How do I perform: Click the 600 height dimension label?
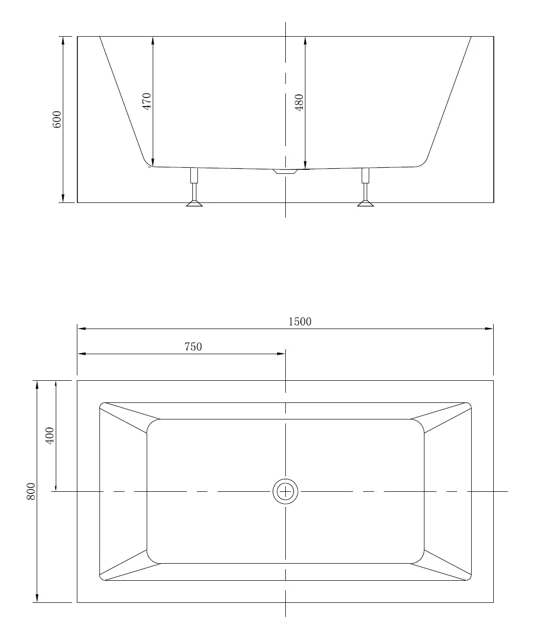point(57,120)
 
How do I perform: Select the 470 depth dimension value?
point(147,101)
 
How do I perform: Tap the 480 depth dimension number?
point(299,102)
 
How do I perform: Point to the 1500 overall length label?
point(300,322)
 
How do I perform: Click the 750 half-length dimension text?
point(193,347)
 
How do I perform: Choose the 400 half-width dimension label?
point(50,436)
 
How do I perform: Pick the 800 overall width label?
point(31,491)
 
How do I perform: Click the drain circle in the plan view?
point(285,491)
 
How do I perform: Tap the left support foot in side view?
point(194,203)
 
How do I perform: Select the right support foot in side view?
point(365,203)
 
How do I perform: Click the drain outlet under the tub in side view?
point(285,172)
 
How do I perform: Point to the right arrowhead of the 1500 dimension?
point(489,329)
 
